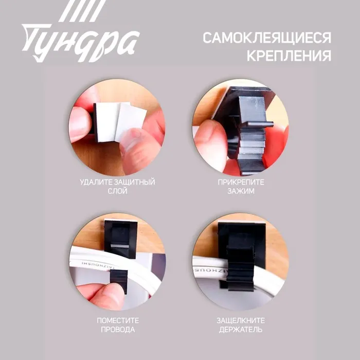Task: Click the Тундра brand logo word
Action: pyautogui.click(x=80, y=43)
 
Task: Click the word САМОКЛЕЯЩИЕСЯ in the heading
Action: pyautogui.click(x=267, y=38)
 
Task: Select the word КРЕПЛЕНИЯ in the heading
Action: pyautogui.click(x=289, y=56)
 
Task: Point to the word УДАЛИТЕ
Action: pyautogui.click(x=96, y=182)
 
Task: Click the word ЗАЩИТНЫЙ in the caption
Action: pyautogui.click(x=135, y=182)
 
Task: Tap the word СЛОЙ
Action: pyautogui.click(x=118, y=191)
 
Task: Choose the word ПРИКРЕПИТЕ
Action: pyautogui.click(x=241, y=182)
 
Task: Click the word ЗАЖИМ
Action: pyautogui.click(x=241, y=191)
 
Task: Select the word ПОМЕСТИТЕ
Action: pyautogui.click(x=118, y=320)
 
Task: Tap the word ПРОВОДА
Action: pyautogui.click(x=118, y=330)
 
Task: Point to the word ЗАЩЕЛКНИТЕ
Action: pyautogui.click(x=241, y=320)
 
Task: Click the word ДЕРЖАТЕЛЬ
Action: pyautogui.click(x=241, y=330)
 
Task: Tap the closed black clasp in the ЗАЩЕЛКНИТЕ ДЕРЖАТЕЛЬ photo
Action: pyautogui.click(x=241, y=266)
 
